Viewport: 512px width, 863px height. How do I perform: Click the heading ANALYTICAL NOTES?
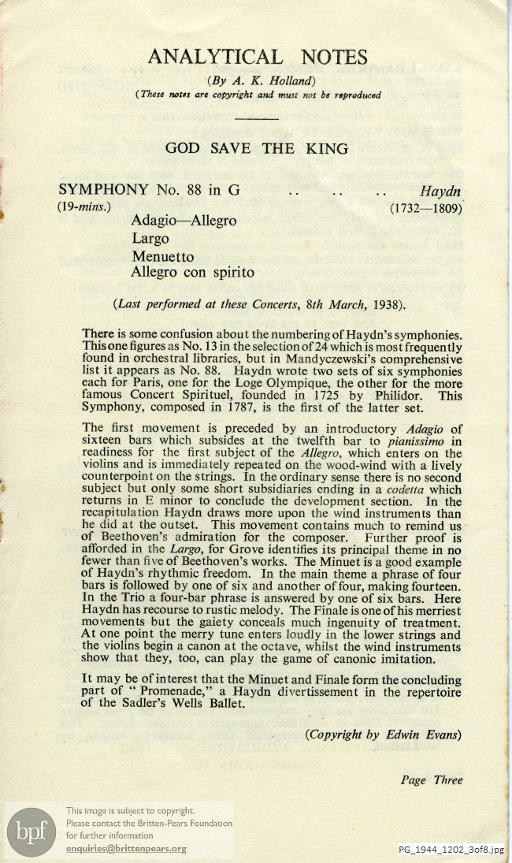pos(258,58)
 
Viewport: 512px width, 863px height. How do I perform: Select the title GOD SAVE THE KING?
pos(257,147)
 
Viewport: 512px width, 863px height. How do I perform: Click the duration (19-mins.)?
pos(84,208)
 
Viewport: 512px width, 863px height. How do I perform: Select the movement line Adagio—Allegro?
pos(184,221)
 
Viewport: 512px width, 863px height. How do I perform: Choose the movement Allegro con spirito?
pos(193,273)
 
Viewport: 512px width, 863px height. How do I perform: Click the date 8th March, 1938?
pos(353,304)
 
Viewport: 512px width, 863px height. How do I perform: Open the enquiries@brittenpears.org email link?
pos(126,848)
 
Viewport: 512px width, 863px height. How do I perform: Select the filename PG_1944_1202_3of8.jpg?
pos(452,849)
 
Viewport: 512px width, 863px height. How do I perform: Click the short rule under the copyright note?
pos(258,119)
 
